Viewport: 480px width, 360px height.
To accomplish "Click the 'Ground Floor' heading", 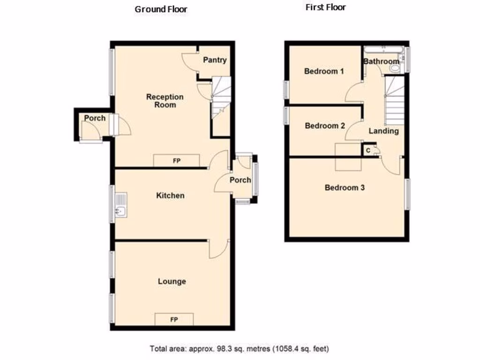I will (161, 9).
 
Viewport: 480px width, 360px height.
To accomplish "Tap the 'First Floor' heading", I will (325, 7).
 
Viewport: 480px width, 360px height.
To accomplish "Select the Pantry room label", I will (215, 60).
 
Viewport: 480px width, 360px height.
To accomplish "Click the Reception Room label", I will (165, 101).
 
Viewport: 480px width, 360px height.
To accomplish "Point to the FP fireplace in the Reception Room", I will (177, 161).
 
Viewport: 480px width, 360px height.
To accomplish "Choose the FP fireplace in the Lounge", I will (173, 320).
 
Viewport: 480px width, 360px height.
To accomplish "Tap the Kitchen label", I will (170, 195).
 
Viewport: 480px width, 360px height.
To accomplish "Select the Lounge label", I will (172, 281).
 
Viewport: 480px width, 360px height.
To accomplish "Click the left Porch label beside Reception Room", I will (95, 118).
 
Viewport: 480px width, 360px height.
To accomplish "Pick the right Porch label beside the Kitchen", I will (240, 180).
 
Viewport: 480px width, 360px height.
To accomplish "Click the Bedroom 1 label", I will (324, 71).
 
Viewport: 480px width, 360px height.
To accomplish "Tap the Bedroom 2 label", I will (325, 126).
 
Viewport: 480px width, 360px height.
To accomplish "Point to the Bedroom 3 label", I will (345, 187).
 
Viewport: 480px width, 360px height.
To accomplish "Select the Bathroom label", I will (381, 61).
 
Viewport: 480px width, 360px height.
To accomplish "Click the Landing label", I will (383, 131).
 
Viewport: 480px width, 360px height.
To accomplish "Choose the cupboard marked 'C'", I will (367, 150).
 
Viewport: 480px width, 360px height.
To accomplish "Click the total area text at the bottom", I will (240, 349).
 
